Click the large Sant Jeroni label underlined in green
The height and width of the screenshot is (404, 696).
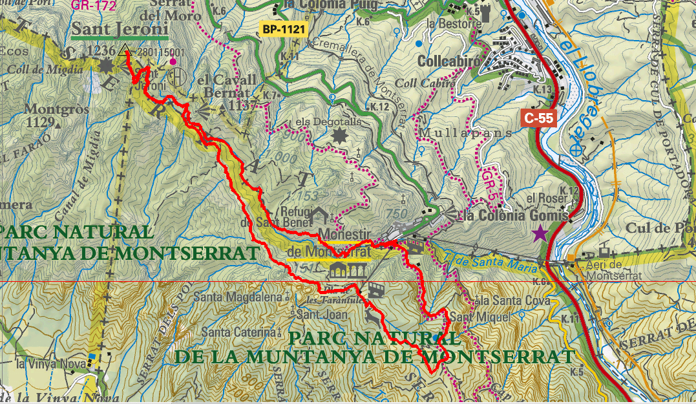click(x=120, y=30)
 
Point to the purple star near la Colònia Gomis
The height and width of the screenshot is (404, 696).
click(x=540, y=233)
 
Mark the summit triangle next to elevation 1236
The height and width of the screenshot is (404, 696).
click(x=125, y=52)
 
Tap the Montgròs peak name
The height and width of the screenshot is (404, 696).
click(x=57, y=109)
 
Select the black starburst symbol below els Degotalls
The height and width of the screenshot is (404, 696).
click(x=339, y=136)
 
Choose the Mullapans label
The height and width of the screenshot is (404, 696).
click(x=465, y=133)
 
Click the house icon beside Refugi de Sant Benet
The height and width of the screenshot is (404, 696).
click(x=321, y=214)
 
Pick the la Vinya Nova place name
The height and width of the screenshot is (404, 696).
click(x=50, y=364)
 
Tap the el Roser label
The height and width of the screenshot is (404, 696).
click(x=541, y=198)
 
